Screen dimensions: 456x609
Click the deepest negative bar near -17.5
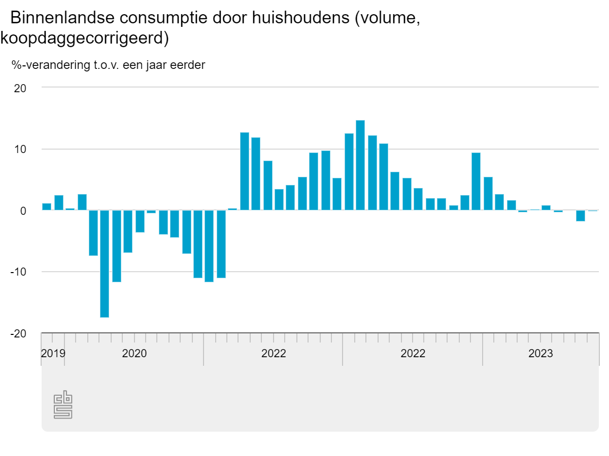click(x=105, y=263)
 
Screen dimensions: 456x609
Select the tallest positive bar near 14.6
click(x=360, y=165)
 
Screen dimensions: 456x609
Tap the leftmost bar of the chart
click(x=47, y=207)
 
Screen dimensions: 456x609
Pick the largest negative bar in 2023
click(x=581, y=216)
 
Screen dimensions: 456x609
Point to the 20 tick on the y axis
click(x=20, y=88)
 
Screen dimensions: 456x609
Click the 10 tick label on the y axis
click(x=20, y=149)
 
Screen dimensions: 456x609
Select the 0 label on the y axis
click(x=23, y=211)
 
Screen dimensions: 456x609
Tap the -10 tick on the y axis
click(x=18, y=272)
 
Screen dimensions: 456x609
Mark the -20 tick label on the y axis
click(x=18, y=334)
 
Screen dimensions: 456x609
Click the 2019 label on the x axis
click(x=53, y=353)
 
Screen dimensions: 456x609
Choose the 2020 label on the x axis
click(x=134, y=353)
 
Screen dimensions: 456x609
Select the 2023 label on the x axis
click(x=541, y=353)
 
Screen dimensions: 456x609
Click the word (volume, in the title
click(x=387, y=18)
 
